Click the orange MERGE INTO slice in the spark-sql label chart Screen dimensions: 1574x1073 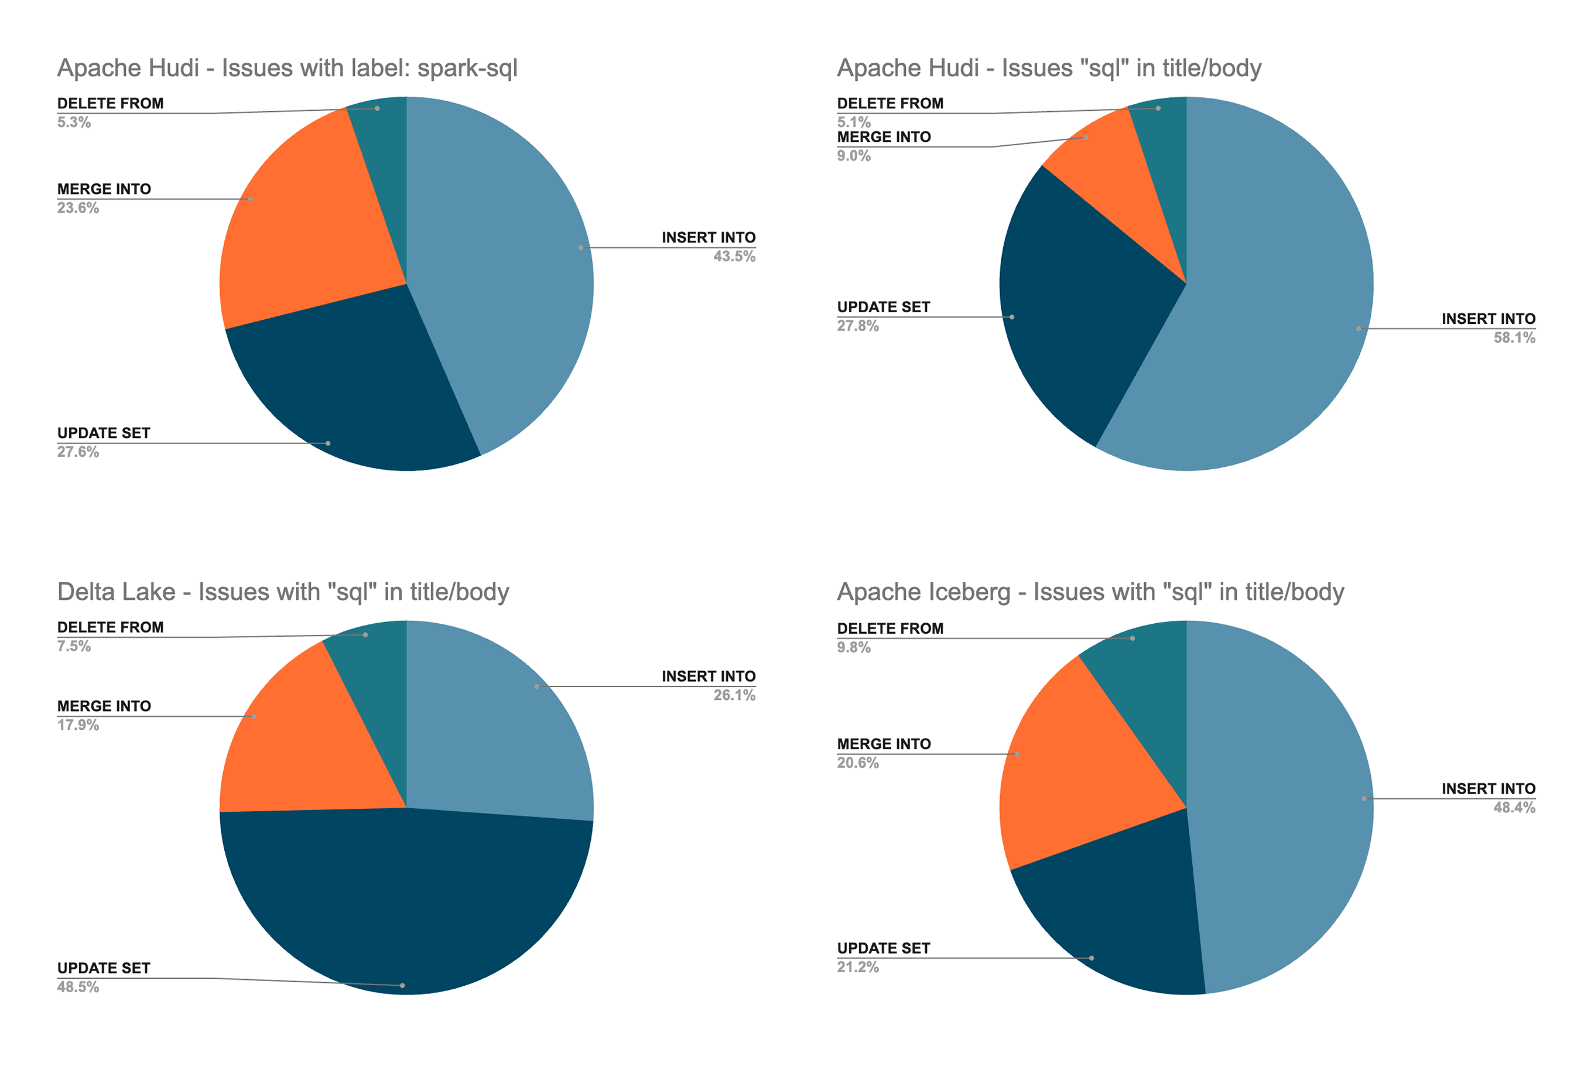pyautogui.click(x=304, y=224)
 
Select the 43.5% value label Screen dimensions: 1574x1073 pyautogui.click(x=734, y=257)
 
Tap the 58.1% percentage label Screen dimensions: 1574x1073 pyautogui.click(x=1514, y=338)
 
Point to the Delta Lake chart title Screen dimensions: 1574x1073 pyautogui.click(x=283, y=592)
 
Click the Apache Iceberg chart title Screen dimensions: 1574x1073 pyautogui.click(x=1090, y=592)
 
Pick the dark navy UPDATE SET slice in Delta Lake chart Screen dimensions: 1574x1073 pyautogui.click(x=406, y=908)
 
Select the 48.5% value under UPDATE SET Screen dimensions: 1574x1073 pyautogui.click(x=78, y=987)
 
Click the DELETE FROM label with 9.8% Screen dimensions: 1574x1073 pyautogui.click(x=890, y=628)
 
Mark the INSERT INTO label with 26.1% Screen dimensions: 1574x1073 pyautogui.click(x=709, y=676)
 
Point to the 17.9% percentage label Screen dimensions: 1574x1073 pyautogui.click(x=78, y=725)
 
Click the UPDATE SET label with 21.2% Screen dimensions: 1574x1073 pyautogui.click(x=884, y=948)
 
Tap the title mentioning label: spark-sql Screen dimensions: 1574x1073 pyautogui.click(x=287, y=69)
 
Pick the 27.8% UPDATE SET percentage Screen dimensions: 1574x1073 pyautogui.click(x=858, y=326)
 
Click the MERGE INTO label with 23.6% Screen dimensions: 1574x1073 pyautogui.click(x=104, y=189)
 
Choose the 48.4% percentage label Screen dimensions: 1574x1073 pyautogui.click(x=1514, y=808)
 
